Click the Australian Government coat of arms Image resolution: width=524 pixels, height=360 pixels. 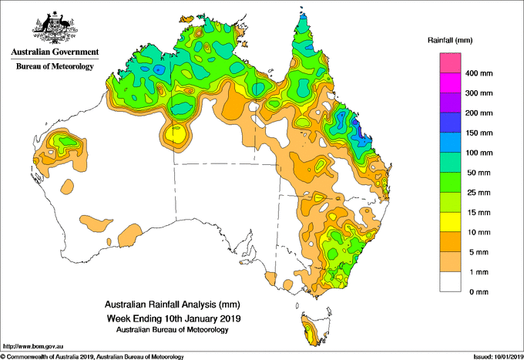[x=55, y=28]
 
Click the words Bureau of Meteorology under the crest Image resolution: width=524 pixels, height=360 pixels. [x=55, y=66]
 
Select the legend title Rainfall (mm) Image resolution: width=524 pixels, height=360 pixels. [x=450, y=40]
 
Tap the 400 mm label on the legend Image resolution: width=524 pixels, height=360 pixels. [x=479, y=73]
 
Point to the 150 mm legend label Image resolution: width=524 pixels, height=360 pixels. [x=479, y=133]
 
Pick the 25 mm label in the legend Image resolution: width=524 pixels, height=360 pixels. [x=479, y=193]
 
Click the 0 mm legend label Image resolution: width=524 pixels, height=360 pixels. [x=479, y=292]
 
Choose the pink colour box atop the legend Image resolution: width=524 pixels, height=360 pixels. [x=450, y=63]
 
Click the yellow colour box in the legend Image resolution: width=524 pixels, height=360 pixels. [x=450, y=222]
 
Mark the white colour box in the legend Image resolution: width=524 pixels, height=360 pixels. [x=450, y=282]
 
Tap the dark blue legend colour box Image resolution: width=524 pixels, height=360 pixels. [x=450, y=123]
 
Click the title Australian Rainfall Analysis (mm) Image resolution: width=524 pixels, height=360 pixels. [x=173, y=304]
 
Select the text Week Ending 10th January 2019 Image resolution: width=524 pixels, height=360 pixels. [x=173, y=318]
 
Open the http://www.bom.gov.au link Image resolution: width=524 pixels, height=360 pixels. [x=33, y=346]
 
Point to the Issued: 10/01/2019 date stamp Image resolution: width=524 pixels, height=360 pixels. [x=498, y=357]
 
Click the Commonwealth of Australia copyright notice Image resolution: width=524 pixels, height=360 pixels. [x=92, y=357]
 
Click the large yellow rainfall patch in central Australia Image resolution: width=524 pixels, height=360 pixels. [x=176, y=133]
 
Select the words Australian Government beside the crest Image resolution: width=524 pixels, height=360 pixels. [x=55, y=52]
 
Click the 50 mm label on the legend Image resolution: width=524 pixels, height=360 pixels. [x=479, y=173]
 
